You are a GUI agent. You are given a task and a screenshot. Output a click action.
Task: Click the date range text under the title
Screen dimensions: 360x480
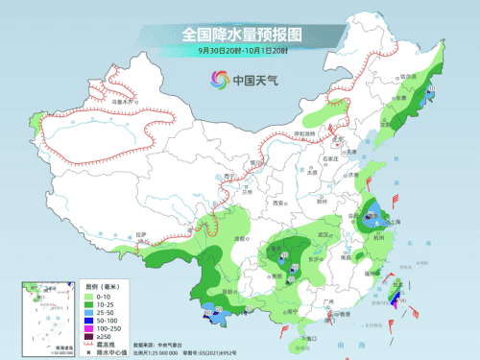[240, 50]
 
